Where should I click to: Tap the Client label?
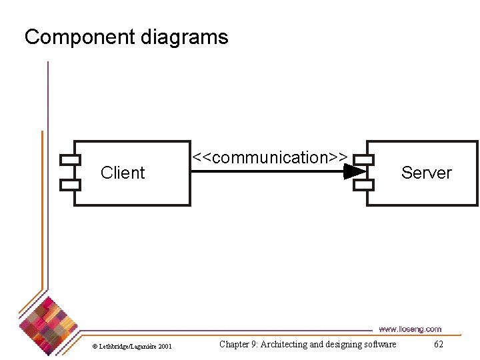pyautogui.click(x=122, y=173)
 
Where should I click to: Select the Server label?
pyautogui.click(x=426, y=173)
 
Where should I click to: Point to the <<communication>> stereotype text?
pyautogui.click(x=269, y=158)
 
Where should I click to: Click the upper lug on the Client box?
pyautogui.click(x=70, y=159)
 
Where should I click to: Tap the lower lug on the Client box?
pyautogui.click(x=70, y=184)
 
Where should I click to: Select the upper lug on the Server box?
pyautogui.click(x=364, y=159)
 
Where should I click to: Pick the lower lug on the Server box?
pyautogui.click(x=364, y=184)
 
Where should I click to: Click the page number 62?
pyautogui.click(x=438, y=344)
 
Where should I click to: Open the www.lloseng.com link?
pyautogui.click(x=409, y=329)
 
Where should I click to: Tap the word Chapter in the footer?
pyautogui.click(x=235, y=344)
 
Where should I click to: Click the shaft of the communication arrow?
pyautogui.click(x=267, y=172)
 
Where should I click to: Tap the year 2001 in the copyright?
pyautogui.click(x=165, y=346)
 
